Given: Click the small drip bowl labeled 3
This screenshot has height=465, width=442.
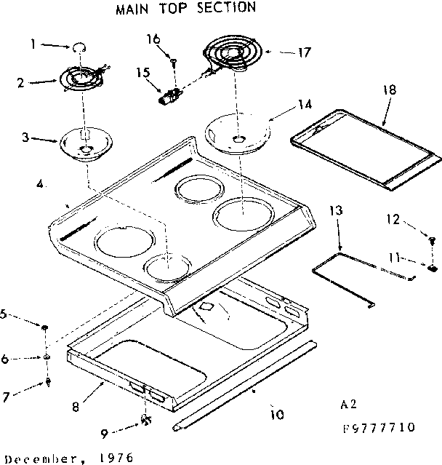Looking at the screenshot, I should (x=86, y=143).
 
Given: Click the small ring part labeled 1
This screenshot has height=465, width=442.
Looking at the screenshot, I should (x=78, y=47).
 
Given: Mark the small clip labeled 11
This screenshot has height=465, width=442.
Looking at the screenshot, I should (x=432, y=266).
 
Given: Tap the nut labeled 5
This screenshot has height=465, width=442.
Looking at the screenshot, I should (x=46, y=328).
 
